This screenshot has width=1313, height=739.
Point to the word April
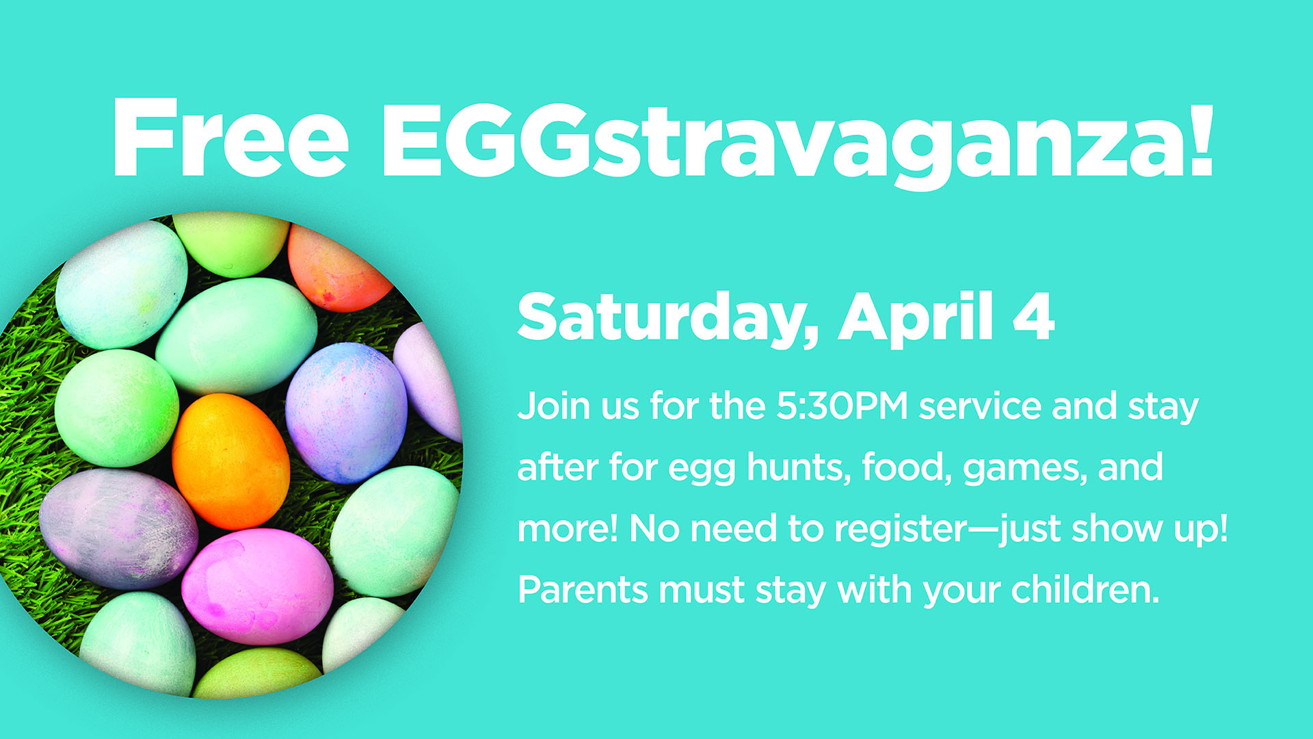coord(916,317)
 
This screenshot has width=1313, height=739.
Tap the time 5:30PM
coord(842,406)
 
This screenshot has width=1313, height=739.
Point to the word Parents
coord(583,590)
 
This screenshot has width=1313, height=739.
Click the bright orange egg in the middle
coord(230,461)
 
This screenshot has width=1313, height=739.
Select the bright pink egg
coord(258,586)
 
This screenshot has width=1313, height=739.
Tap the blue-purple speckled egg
coord(346,413)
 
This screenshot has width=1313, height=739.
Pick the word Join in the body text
coord(553,406)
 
